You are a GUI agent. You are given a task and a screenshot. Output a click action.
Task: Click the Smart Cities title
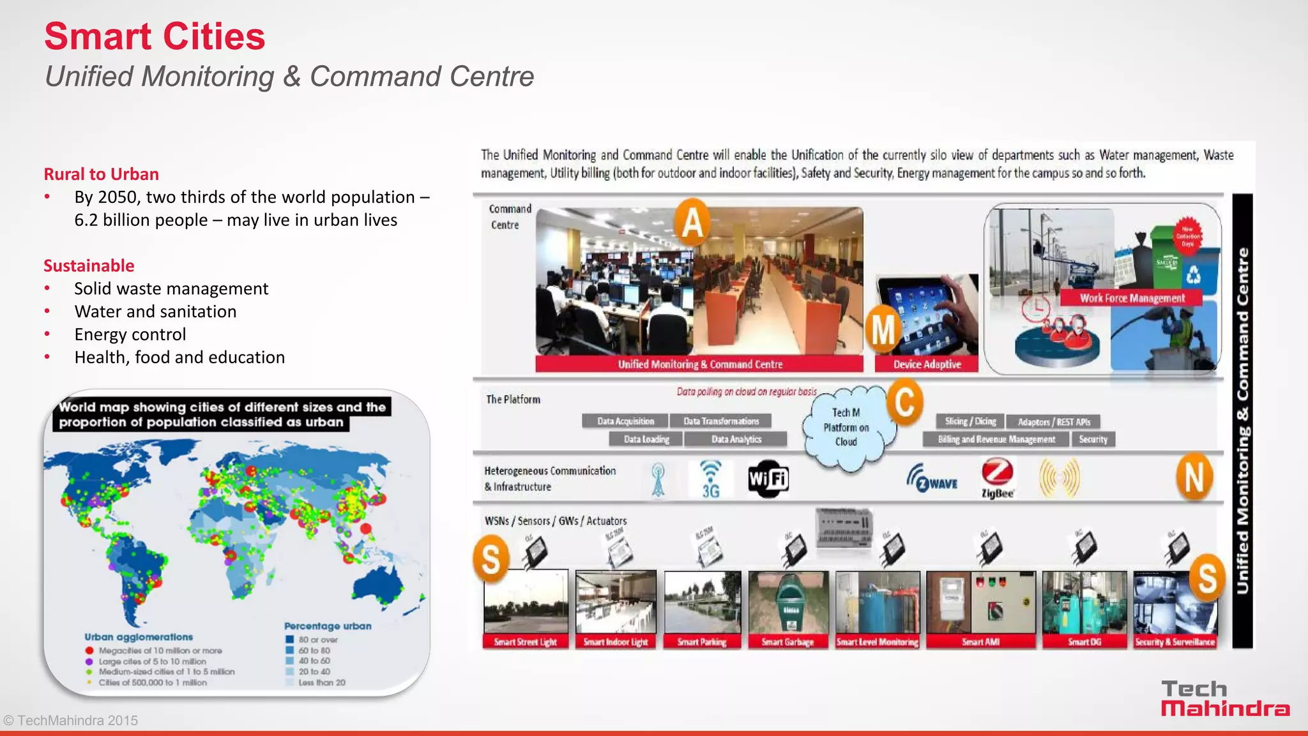pyautogui.click(x=155, y=36)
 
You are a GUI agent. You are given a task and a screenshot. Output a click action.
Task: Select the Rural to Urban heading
pyautogui.click(x=101, y=174)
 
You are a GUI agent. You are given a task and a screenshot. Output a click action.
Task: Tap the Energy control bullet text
pyautogui.click(x=130, y=334)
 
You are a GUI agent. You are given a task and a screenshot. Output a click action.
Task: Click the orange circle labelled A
pyautogui.click(x=693, y=223)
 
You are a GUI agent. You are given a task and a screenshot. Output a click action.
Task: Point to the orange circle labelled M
pyautogui.click(x=883, y=329)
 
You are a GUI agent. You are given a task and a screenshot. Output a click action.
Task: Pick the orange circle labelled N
pyautogui.click(x=1194, y=477)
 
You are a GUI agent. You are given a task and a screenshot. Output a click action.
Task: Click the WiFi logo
pyautogui.click(x=768, y=479)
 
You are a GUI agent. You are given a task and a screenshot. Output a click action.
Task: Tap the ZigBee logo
pyautogui.click(x=997, y=479)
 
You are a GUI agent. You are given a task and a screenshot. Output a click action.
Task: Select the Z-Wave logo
pyautogui.click(x=932, y=479)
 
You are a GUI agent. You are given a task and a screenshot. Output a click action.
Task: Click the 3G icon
pyautogui.click(x=710, y=479)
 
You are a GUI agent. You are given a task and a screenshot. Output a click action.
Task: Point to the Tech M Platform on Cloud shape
pyautogui.click(x=846, y=427)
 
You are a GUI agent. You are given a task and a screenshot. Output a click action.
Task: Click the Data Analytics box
pyautogui.click(x=736, y=439)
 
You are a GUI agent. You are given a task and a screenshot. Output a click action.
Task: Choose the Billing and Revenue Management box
pyautogui.click(x=996, y=439)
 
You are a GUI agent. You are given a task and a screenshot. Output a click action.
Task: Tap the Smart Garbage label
pyautogui.click(x=787, y=642)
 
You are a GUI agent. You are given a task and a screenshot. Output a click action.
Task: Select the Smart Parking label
pyautogui.click(x=702, y=642)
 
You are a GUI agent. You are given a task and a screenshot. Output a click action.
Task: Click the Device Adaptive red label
pyautogui.click(x=927, y=364)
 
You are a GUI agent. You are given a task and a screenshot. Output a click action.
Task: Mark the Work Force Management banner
pyautogui.click(x=1132, y=298)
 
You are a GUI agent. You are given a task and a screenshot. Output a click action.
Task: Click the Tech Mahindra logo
pyautogui.click(x=1225, y=698)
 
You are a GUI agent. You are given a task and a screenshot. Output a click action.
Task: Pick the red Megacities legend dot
pyautogui.click(x=89, y=650)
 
